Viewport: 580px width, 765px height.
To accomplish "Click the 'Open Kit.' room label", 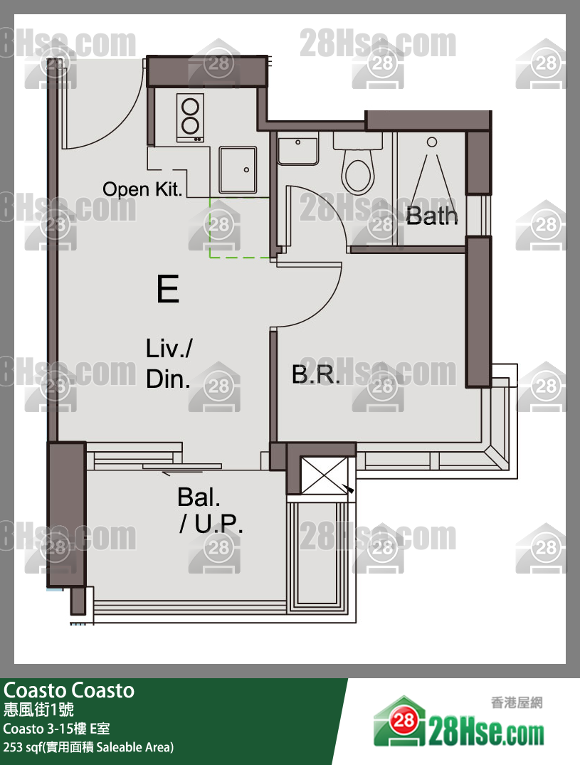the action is coord(142,189).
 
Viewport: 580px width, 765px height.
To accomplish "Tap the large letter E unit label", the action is coord(168,288).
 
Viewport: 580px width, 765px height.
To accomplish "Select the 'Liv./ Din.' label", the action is coord(169,364).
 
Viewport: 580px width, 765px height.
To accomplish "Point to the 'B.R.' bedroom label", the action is coord(315,374).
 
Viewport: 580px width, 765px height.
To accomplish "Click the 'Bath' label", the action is coord(432,215).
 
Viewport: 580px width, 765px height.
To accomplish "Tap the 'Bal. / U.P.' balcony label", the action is coord(210,510).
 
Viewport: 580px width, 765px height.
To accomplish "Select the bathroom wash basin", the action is coord(297,151).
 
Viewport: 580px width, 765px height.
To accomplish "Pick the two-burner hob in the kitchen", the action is coord(190,117).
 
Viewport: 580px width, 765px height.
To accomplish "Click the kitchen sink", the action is coord(238,170).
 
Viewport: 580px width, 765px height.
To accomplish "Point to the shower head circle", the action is coord(432,142).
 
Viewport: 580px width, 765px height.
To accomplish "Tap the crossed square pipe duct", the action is coord(325,475).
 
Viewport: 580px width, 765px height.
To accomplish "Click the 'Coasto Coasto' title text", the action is coord(69,690).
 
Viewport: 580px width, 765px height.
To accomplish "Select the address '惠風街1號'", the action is coord(38,709).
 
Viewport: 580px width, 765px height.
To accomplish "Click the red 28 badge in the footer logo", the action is coord(404,719).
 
